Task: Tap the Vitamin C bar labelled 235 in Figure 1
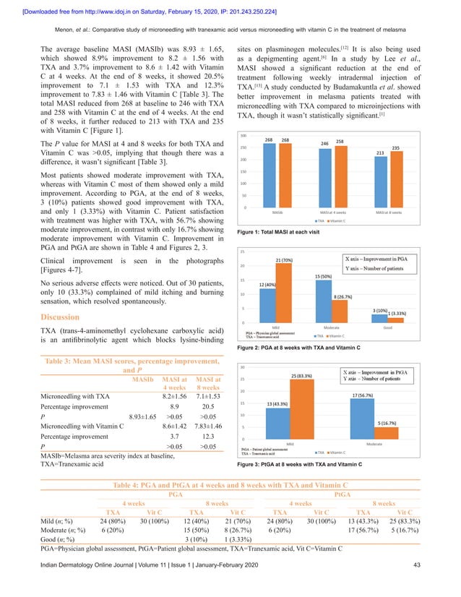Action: [395, 181]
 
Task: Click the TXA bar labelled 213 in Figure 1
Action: [379, 183]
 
